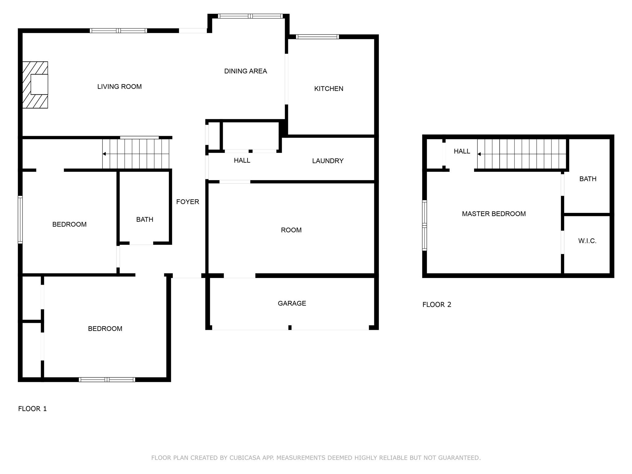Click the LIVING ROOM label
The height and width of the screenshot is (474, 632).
[x=119, y=87]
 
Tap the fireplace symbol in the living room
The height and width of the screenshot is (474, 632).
[x=35, y=85]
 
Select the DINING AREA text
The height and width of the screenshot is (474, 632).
[x=245, y=71]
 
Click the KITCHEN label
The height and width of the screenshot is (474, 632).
[x=329, y=89]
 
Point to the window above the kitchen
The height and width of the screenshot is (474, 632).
[x=317, y=37]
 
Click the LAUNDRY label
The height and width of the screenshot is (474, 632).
[x=328, y=161]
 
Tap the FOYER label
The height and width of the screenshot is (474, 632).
[x=188, y=202]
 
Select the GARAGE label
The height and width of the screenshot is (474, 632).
[x=292, y=303]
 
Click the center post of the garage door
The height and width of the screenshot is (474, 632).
[x=290, y=327]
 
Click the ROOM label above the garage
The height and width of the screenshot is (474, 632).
[x=291, y=230]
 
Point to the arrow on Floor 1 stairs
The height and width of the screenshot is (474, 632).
[x=105, y=154]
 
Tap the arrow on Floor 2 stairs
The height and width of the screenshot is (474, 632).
[x=479, y=154]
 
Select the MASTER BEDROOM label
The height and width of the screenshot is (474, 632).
[x=493, y=214]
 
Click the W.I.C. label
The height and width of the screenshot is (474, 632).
[x=587, y=241]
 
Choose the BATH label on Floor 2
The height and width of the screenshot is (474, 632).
[x=588, y=179]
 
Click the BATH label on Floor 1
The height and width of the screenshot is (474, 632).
[x=145, y=219]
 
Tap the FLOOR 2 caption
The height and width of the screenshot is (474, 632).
[x=437, y=305]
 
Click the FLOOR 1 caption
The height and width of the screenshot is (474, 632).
[x=32, y=409]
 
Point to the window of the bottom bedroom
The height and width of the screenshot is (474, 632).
[x=107, y=380]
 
